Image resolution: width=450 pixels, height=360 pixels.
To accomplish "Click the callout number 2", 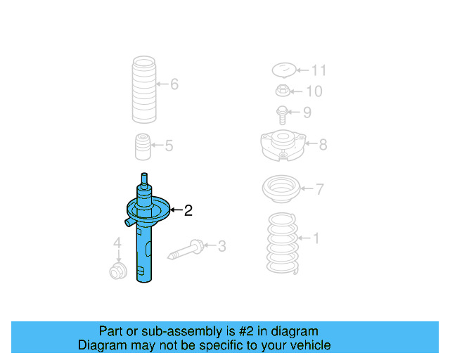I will (x=188, y=210).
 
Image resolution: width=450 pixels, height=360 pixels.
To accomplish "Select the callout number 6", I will (x=174, y=85).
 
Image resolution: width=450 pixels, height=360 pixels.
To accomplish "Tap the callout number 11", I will (x=319, y=70).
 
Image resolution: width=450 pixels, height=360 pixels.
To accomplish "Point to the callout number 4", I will (x=118, y=244).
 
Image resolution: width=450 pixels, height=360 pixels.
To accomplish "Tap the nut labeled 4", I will (x=117, y=270).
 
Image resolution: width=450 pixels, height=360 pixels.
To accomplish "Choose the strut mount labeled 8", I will (x=281, y=144).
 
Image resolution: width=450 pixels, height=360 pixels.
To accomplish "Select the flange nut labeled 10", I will (x=282, y=91).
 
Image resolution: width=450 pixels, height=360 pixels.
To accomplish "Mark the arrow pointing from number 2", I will (x=175, y=210).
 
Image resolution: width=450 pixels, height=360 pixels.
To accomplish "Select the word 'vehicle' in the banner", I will (x=307, y=345).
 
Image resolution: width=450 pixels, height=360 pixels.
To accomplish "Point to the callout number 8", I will (x=323, y=145).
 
